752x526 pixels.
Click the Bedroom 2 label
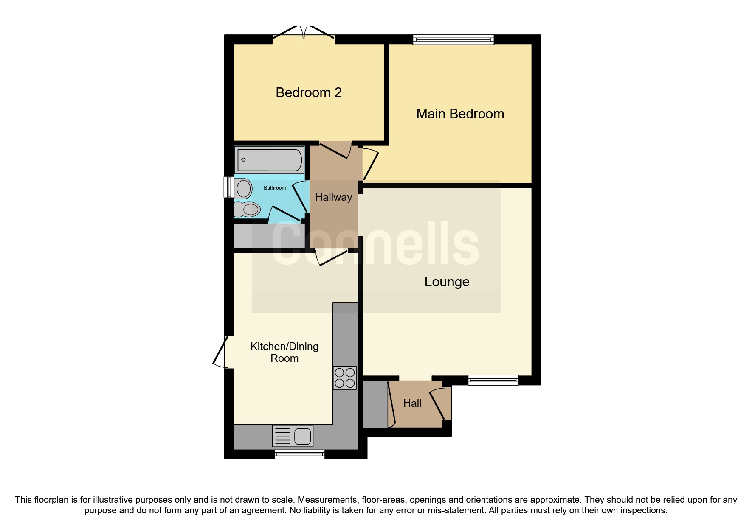click(x=309, y=92)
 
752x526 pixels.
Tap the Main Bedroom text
click(x=460, y=114)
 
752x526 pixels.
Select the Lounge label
click(x=447, y=282)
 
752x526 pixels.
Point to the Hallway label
click(x=333, y=197)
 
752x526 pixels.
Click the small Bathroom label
click(x=275, y=188)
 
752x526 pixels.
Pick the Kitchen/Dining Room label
click(x=284, y=352)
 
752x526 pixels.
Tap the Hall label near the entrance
click(x=412, y=403)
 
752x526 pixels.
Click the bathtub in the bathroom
click(x=269, y=160)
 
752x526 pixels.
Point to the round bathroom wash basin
click(x=243, y=188)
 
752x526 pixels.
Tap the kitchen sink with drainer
click(x=293, y=436)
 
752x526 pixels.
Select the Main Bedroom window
click(x=453, y=39)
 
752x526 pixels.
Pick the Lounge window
click(x=493, y=380)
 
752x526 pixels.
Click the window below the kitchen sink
click(x=299, y=455)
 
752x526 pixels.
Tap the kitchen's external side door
click(x=220, y=351)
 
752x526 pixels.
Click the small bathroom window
click(x=229, y=187)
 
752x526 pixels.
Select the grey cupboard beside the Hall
click(x=375, y=404)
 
